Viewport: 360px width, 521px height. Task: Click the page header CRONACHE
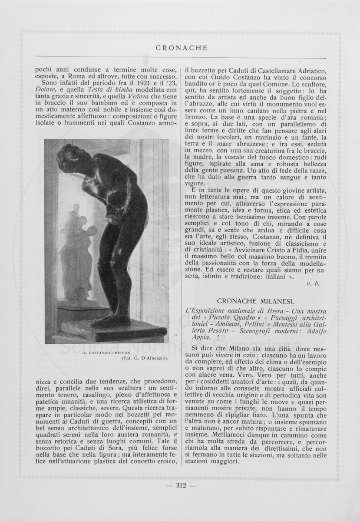[182, 48]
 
